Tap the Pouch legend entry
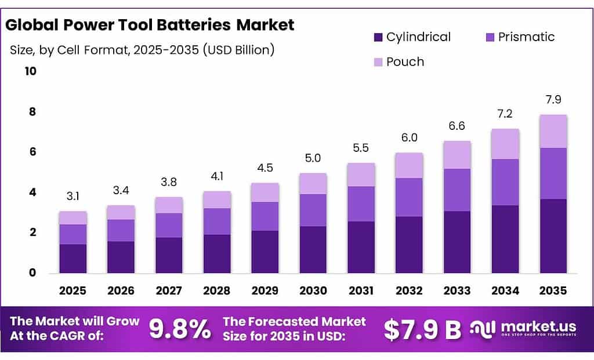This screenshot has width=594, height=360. coord(405,61)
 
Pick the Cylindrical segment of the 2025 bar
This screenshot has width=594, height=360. coord(73,259)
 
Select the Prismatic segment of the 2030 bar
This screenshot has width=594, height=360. coord(313,210)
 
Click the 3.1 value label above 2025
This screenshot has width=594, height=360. coord(73,197)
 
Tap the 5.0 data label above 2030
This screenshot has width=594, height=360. coord(313,158)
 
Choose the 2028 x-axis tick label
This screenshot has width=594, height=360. coord(217,290)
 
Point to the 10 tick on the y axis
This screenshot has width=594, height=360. coord(30,71)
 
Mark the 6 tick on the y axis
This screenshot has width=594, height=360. coord(32,152)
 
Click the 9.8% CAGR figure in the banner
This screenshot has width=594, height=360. coord(180,329)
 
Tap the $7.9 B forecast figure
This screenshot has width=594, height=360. coord(422,329)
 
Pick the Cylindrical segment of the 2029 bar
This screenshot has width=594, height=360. coord(265,252)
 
